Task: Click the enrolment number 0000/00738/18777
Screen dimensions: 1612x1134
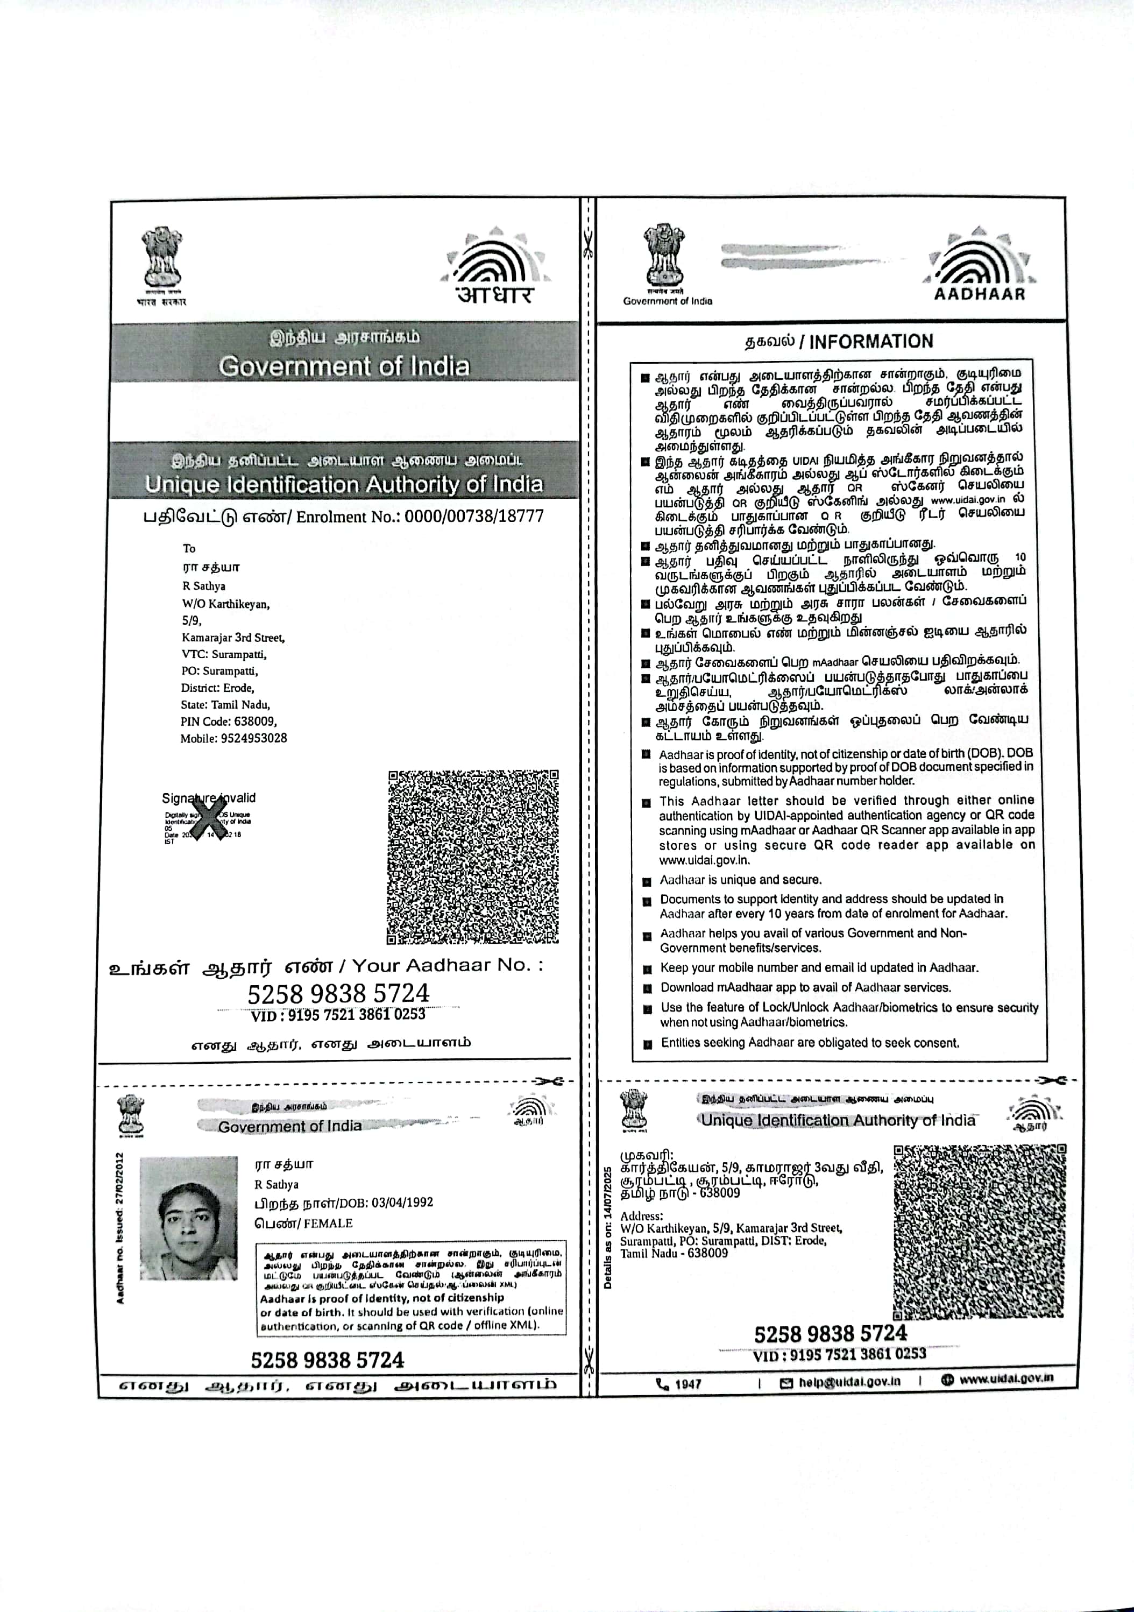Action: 474,517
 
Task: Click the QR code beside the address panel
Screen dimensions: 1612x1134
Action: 980,1232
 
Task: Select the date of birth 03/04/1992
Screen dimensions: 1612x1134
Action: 402,1202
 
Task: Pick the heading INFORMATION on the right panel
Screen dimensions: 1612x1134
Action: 871,342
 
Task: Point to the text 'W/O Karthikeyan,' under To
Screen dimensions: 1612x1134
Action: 225,604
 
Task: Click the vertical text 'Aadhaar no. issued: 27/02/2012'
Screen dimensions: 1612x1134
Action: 120,1228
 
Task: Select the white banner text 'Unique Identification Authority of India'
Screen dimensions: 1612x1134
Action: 344,484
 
